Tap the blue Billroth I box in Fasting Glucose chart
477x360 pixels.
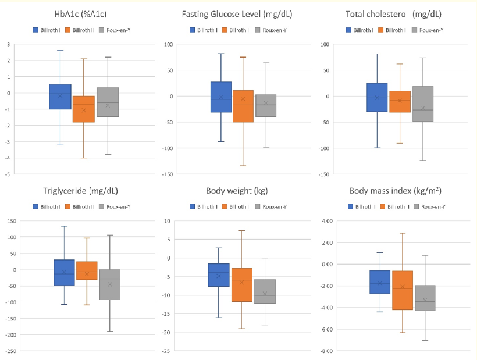(x=220, y=97)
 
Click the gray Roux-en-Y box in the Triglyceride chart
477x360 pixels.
(x=109, y=284)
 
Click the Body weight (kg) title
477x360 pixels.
(x=238, y=190)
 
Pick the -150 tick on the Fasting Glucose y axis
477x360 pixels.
(x=168, y=174)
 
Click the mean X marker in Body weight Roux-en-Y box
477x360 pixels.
(x=265, y=294)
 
